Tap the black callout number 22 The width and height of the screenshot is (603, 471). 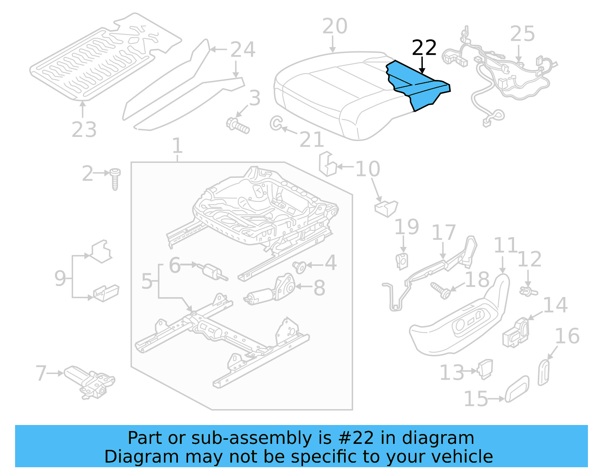point(424,48)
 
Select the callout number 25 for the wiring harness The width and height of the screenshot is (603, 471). point(522,34)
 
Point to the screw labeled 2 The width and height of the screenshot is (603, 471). point(115,179)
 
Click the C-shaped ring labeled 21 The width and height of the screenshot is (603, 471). point(276,123)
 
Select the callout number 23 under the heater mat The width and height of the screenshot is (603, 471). point(84,130)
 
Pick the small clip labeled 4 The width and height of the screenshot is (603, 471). point(300,267)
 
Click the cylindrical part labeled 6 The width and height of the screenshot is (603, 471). point(213,272)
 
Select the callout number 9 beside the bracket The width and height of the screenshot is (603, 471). point(60,278)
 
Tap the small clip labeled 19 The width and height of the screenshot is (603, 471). point(403,261)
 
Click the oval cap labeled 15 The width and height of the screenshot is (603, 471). point(517,389)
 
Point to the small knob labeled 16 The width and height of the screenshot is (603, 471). point(543,373)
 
